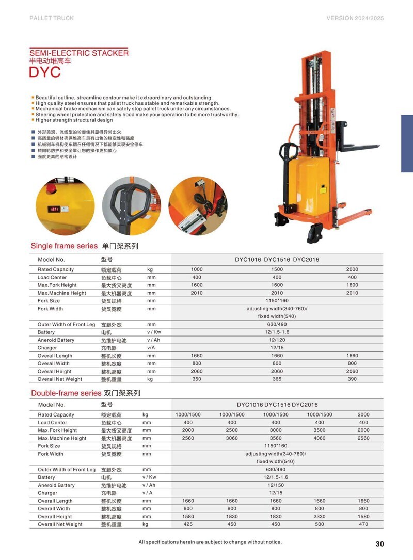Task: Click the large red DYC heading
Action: pyautogui.click(x=45, y=73)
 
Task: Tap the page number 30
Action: pyautogui.click(x=380, y=543)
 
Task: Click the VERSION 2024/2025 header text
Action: pyautogui.click(x=356, y=18)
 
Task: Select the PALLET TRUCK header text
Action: pyautogui.click(x=52, y=18)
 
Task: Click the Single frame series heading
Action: pyautogui.click(x=64, y=246)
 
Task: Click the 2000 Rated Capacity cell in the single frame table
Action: pyautogui.click(x=352, y=269)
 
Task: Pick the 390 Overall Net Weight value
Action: pyautogui.click(x=352, y=379)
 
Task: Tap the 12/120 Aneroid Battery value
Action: pyautogui.click(x=277, y=340)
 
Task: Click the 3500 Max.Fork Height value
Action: pyautogui.click(x=320, y=430)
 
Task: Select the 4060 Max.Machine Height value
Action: pyautogui.click(x=320, y=438)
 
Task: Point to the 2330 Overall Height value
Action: pyautogui.click(x=320, y=517)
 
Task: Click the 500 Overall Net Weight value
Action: pyautogui.click(x=320, y=524)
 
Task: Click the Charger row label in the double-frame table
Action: pyautogui.click(x=47, y=493)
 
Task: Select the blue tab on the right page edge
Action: pyautogui.click(x=407, y=143)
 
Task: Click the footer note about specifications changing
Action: pyautogui.click(x=210, y=542)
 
